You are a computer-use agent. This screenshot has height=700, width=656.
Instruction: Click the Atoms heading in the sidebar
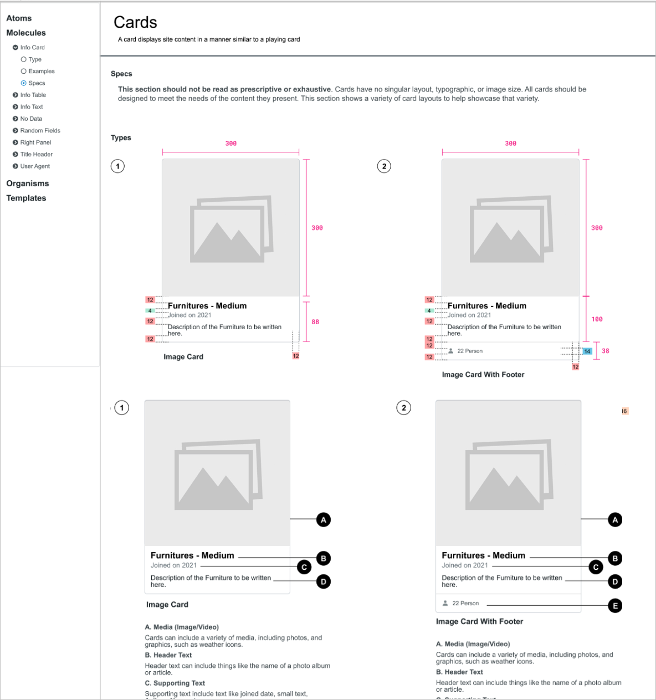tap(19, 18)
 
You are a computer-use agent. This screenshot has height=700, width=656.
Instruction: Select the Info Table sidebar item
tap(33, 95)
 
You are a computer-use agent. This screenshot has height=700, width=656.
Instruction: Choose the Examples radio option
tap(24, 71)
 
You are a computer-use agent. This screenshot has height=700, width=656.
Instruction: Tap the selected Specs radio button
tap(24, 83)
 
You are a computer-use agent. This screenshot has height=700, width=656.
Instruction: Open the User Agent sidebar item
tap(35, 166)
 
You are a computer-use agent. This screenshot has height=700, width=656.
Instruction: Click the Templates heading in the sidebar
tap(26, 198)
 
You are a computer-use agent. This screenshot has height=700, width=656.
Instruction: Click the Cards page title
tap(135, 22)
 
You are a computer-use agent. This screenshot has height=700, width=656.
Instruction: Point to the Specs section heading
tap(121, 74)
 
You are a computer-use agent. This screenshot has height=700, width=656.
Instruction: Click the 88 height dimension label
tap(315, 322)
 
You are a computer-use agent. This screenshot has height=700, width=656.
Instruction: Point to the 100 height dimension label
tap(597, 319)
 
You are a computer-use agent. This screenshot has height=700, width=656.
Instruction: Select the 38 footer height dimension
tap(605, 351)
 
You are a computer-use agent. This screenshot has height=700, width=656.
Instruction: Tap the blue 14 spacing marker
tap(587, 351)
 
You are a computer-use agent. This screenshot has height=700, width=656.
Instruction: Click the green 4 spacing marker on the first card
tap(150, 311)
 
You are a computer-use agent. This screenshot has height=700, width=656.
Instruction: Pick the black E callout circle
tap(615, 606)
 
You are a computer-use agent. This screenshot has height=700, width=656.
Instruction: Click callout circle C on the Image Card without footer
tap(304, 568)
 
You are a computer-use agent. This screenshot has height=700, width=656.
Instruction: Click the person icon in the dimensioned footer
tap(451, 351)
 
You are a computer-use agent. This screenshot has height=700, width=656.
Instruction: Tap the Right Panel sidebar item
tap(35, 142)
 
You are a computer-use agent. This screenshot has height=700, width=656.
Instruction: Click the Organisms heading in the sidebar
tap(28, 183)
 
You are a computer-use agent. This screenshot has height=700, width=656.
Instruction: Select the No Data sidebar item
tap(31, 119)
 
